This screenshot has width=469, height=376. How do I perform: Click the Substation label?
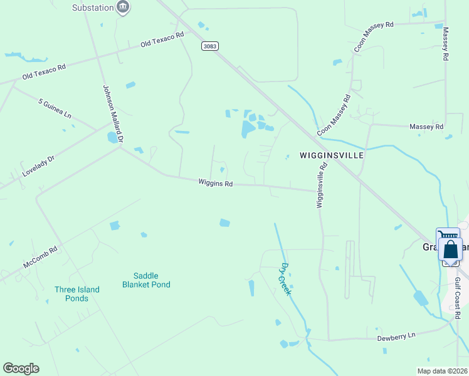pyautogui.click(x=92, y=8)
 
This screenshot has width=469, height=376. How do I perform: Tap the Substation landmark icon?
pyautogui.click(x=124, y=8)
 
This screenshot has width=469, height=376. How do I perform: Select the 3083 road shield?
pyautogui.click(x=210, y=46)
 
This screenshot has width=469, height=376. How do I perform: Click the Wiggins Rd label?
pyautogui.click(x=216, y=184)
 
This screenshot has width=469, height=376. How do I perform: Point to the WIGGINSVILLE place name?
pyautogui.click(x=332, y=155)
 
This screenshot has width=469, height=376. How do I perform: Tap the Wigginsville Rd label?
pyautogui.click(x=322, y=185)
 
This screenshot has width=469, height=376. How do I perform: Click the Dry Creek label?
pyautogui.click(x=286, y=279)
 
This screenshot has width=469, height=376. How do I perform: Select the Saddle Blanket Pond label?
pyautogui.click(x=146, y=280)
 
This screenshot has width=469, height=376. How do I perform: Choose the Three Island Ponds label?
pyautogui.click(x=80, y=294)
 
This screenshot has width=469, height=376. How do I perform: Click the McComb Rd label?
pyautogui.click(x=40, y=258)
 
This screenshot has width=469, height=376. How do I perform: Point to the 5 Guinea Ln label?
pyautogui.click(x=55, y=108)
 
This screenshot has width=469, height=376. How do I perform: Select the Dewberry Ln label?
pyautogui.click(x=396, y=337)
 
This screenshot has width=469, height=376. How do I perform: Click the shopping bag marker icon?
pyautogui.click(x=451, y=249)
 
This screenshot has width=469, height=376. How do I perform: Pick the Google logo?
pyautogui.click(x=21, y=368)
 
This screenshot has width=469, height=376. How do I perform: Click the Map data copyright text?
pyautogui.click(x=442, y=371)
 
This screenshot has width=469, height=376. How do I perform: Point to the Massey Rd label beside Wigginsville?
pyautogui.click(x=426, y=127)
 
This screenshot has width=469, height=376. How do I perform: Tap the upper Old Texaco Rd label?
pyautogui.click(x=162, y=39)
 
